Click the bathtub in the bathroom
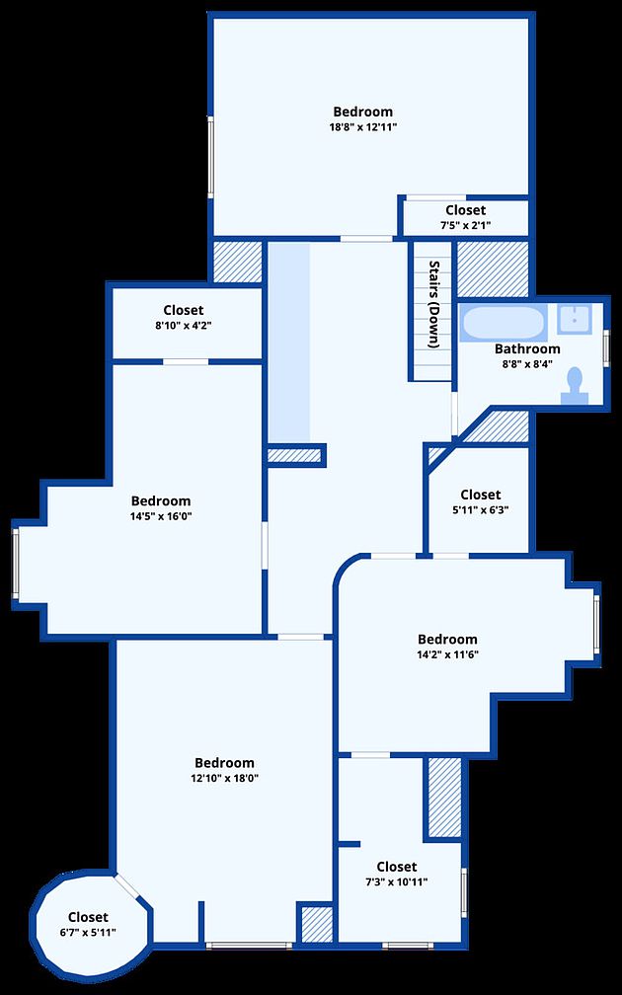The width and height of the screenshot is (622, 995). [502, 324]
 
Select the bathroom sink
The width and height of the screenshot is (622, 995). [575, 319]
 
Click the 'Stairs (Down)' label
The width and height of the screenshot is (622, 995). [434, 305]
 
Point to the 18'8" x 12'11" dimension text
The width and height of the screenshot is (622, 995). [362, 127]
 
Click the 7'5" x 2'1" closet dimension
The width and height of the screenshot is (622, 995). [465, 225]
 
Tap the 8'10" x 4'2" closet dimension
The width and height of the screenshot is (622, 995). [184, 325]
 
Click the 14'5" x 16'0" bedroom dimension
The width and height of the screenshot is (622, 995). [161, 516]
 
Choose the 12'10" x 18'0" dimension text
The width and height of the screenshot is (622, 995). [224, 778]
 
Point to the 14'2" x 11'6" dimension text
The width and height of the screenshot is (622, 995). [447, 654]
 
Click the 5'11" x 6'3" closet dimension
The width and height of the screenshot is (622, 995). [481, 509]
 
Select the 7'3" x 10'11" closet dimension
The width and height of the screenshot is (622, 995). [397, 881]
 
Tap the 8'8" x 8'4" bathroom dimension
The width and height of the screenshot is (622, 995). [527, 363]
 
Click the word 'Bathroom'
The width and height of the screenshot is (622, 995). [527, 349]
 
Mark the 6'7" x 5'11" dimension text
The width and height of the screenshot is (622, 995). [88, 932]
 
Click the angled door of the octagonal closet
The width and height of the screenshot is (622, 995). [127, 885]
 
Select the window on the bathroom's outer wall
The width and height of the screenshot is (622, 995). [606, 347]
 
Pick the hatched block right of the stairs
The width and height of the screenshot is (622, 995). [494, 269]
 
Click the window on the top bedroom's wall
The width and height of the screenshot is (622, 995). [210, 157]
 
